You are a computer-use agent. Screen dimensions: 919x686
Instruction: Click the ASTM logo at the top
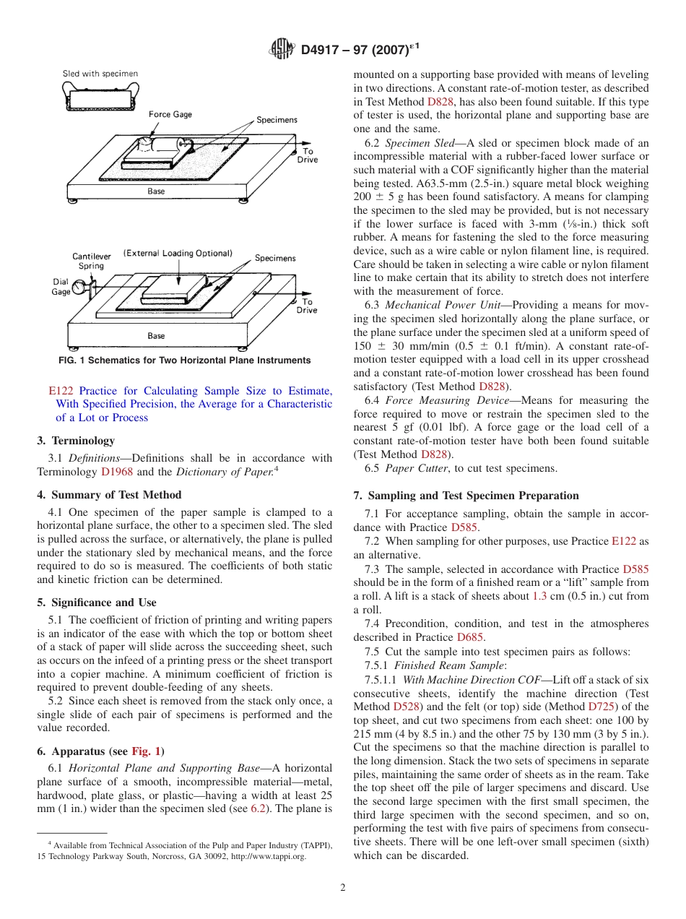(282, 49)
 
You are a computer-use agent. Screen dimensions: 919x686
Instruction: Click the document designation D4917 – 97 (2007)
(360, 49)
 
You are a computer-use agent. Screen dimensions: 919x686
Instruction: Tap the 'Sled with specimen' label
(100, 74)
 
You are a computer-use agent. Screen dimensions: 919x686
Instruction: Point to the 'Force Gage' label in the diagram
(170, 115)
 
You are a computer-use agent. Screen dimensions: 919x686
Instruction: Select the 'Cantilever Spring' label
(91, 261)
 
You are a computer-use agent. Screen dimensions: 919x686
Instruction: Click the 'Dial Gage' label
(61, 287)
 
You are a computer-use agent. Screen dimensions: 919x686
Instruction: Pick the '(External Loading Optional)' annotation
(178, 254)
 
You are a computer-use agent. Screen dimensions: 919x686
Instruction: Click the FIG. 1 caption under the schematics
(184, 361)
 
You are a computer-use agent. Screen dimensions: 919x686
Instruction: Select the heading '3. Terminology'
(76, 440)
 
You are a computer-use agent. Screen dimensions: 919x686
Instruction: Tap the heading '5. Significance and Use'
(97, 602)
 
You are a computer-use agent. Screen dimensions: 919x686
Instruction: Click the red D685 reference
(470, 637)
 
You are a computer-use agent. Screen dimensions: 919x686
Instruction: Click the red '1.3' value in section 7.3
(539, 596)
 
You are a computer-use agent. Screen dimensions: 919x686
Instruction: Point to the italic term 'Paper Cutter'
(418, 468)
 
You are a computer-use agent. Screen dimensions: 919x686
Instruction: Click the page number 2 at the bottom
(343, 888)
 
